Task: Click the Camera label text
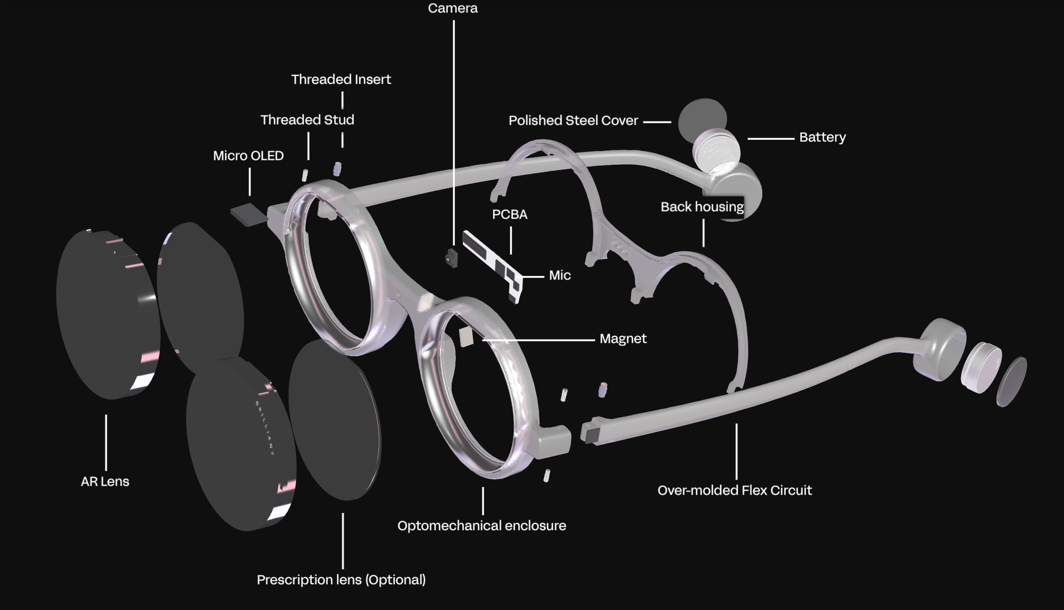(x=453, y=9)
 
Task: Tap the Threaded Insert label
(x=341, y=80)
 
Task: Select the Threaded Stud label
(x=307, y=120)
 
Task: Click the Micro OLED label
(x=248, y=156)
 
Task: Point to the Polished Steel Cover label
(x=573, y=121)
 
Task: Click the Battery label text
(x=822, y=137)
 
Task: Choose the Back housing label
(x=702, y=207)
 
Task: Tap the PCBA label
(x=510, y=215)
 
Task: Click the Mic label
(x=560, y=275)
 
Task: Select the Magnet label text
(x=623, y=339)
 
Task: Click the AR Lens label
(x=105, y=481)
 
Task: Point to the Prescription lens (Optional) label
(x=341, y=580)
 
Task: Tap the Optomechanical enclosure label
(x=481, y=526)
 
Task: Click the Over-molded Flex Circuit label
(x=734, y=490)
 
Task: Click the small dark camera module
(x=452, y=258)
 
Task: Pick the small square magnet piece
(x=466, y=337)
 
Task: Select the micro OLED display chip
(x=248, y=215)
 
